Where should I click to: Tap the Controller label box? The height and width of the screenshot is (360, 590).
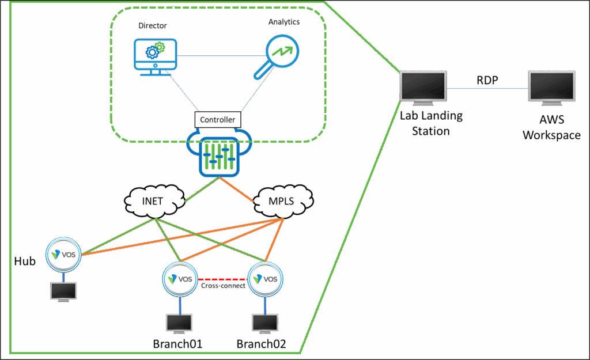(217, 120)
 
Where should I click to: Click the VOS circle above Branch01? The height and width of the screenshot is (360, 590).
(180, 278)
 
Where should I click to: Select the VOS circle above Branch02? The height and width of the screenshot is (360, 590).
(266, 278)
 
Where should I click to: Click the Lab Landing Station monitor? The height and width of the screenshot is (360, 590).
(424, 86)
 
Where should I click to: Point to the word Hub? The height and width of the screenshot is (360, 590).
(24, 262)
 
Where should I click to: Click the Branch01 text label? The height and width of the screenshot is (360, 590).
(177, 344)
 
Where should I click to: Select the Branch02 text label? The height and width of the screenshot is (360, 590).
(262, 344)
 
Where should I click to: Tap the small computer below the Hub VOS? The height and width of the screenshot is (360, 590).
(64, 292)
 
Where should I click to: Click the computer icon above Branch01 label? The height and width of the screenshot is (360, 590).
(179, 323)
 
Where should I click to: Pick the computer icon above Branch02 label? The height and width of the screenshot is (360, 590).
(265, 323)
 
